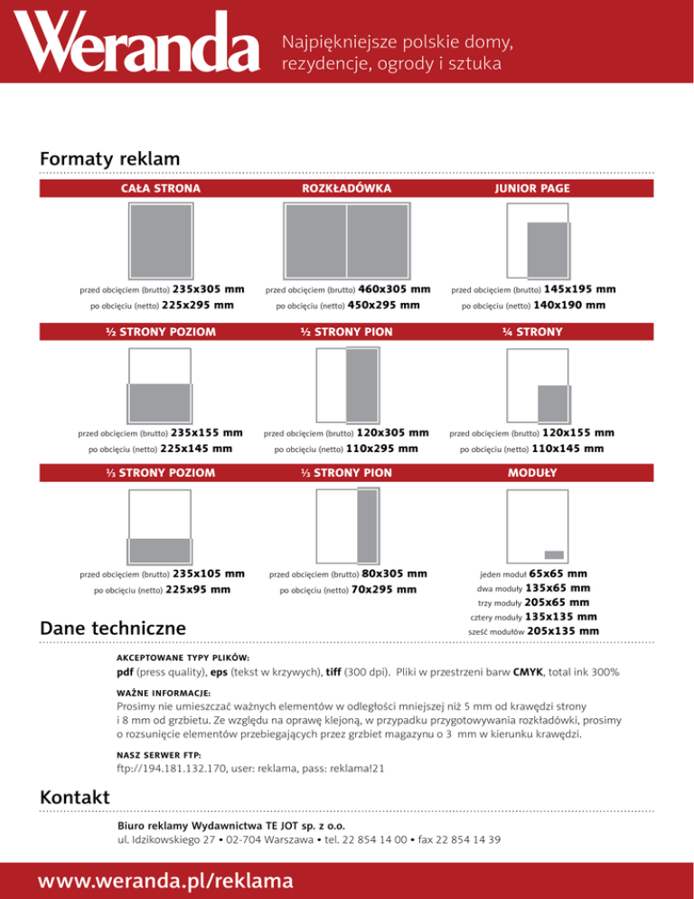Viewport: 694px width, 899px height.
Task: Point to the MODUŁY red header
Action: pos(532,472)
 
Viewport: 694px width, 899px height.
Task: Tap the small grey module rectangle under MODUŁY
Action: pos(554,554)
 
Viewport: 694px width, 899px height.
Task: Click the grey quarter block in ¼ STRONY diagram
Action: pos(551,399)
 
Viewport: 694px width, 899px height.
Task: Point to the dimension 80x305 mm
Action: pos(394,573)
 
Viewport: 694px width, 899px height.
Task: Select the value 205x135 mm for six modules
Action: pos(563,630)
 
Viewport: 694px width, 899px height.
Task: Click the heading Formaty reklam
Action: pos(110,159)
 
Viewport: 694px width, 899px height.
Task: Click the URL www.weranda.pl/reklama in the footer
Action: pos(163,879)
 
